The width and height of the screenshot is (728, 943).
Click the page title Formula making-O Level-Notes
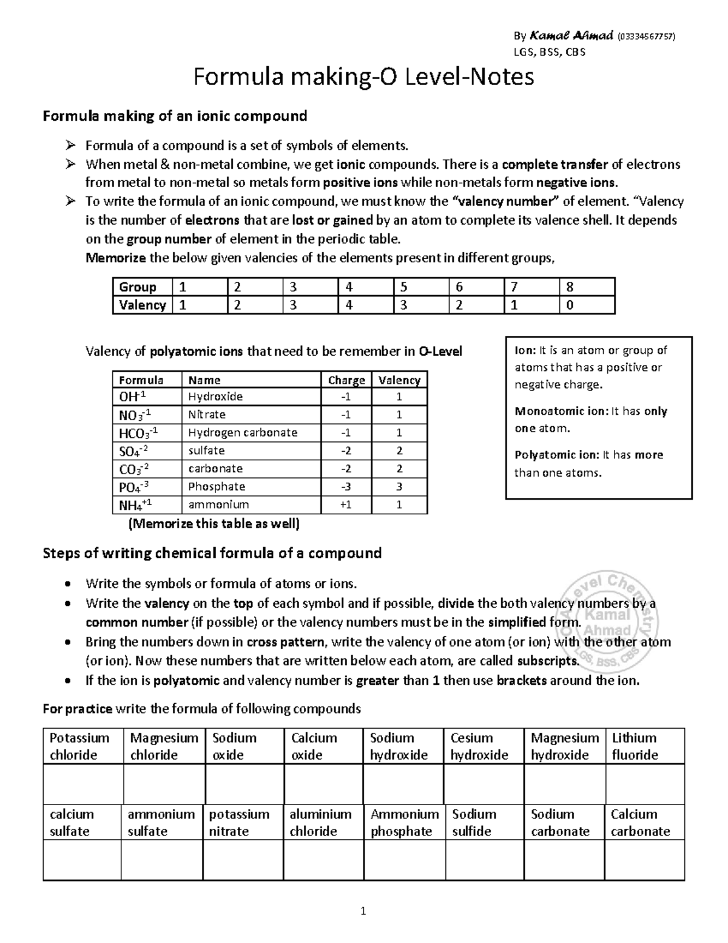click(363, 77)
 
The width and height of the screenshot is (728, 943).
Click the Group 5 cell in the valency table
click(421, 287)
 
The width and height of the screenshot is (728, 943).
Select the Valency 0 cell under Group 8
click(587, 305)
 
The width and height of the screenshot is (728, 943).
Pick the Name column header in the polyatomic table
click(204, 380)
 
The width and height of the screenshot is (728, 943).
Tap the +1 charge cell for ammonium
click(346, 505)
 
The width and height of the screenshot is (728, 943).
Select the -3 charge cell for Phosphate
click(346, 487)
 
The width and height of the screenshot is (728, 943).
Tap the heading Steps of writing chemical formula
click(212, 553)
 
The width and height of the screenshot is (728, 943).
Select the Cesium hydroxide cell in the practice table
click(479, 746)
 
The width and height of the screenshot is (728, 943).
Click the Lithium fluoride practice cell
click(635, 746)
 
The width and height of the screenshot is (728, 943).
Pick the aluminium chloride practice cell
click(320, 823)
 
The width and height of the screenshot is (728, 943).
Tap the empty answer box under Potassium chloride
click(83, 784)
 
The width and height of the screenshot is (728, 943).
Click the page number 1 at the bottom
click(363, 911)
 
